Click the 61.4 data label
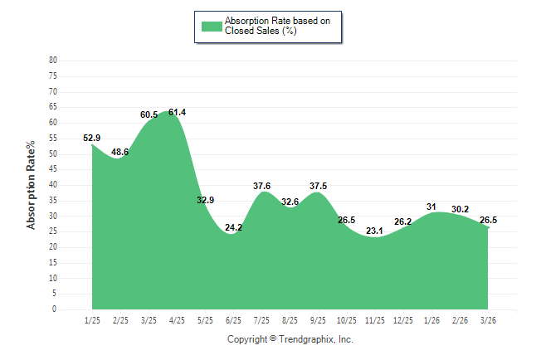177,112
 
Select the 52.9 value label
92,138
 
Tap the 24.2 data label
233,227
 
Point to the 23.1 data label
374,231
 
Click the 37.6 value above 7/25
261,186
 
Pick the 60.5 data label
149,114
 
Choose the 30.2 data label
459,208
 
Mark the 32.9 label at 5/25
205,200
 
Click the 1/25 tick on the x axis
92,319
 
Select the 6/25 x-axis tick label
233,319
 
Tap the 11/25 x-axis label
374,319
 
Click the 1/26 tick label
431,319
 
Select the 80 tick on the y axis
53,61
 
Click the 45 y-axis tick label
53,169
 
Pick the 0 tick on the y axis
55,309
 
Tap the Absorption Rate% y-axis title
32,185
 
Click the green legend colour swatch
211,26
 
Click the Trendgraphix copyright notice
290,339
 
